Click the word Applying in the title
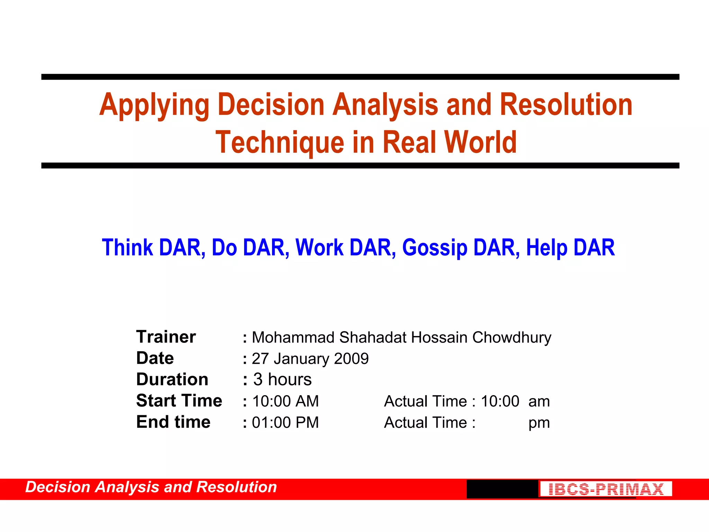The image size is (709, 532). [154, 105]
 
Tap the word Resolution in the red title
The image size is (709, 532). [566, 105]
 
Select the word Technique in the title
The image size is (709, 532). [280, 142]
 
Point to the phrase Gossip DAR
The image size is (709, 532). [460, 248]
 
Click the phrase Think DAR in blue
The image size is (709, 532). [151, 248]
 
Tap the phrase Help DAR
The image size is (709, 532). [570, 248]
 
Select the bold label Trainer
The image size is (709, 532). [166, 337]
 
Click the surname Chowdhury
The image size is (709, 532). [512, 338]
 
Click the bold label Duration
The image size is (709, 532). [172, 380]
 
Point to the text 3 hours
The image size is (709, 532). [282, 380]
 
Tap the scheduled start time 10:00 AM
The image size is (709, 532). [285, 401]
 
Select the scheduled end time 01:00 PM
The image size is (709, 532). [285, 423]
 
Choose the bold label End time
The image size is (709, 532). [173, 422]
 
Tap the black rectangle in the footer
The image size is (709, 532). [502, 489]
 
